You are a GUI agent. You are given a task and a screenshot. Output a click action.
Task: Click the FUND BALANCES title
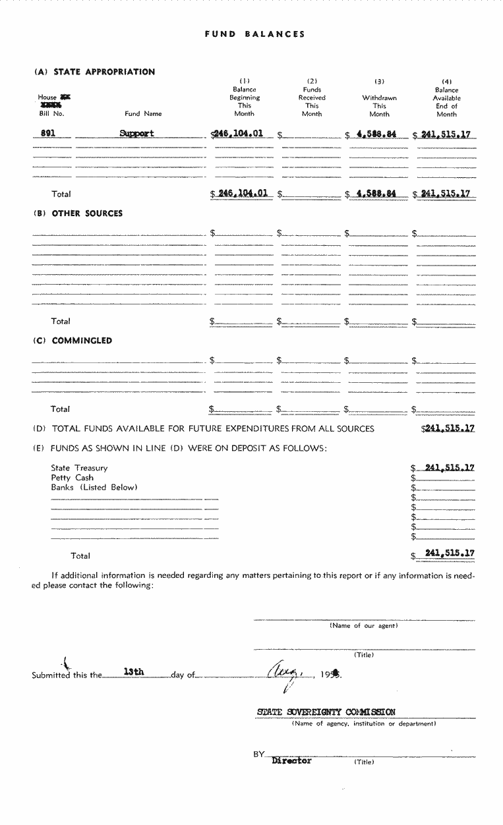point(254,34)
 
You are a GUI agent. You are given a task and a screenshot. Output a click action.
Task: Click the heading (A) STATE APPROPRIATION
point(94,72)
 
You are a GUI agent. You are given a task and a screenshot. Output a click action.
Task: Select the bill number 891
point(47,133)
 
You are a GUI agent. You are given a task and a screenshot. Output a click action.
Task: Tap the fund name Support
point(137,133)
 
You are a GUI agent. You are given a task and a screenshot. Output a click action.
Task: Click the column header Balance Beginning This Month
point(244,98)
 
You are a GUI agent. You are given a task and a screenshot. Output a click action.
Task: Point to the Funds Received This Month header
point(312,98)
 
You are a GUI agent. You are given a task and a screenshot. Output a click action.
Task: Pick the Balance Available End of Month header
point(446,98)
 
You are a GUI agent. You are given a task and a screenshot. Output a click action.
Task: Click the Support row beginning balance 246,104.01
point(238,133)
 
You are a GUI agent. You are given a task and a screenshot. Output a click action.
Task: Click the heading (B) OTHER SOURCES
point(78,213)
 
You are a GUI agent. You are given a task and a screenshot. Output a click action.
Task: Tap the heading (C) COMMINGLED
point(73,341)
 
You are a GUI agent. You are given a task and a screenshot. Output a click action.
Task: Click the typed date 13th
point(134,672)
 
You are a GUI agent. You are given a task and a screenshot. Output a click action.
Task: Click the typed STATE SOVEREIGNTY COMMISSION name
point(326,712)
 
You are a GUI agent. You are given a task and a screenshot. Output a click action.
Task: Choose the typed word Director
point(291,760)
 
